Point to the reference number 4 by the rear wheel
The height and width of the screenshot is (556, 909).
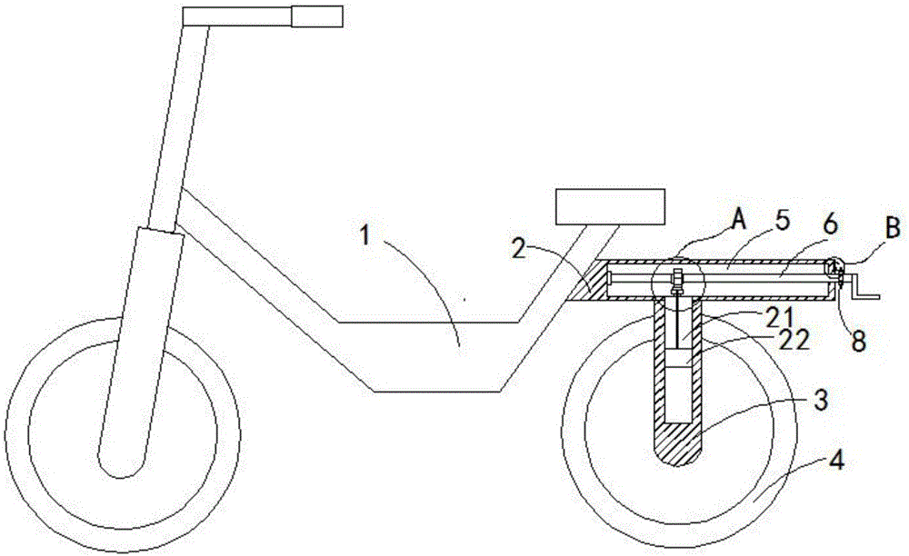coord(836,461)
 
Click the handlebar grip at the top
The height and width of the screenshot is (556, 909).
coord(315,15)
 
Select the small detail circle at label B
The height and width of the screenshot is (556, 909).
coord(835,266)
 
